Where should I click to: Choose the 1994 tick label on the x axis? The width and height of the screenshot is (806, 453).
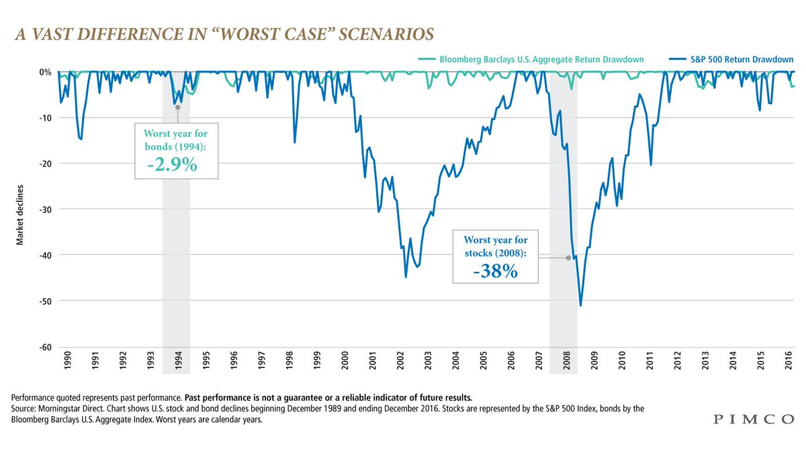tap(177, 364)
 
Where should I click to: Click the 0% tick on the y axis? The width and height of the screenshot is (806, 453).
tap(45, 72)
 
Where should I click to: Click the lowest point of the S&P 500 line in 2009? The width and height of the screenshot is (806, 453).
tap(580, 306)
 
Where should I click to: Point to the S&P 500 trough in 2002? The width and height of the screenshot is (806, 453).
tap(406, 276)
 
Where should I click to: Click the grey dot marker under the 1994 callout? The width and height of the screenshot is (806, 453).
tap(177, 106)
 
